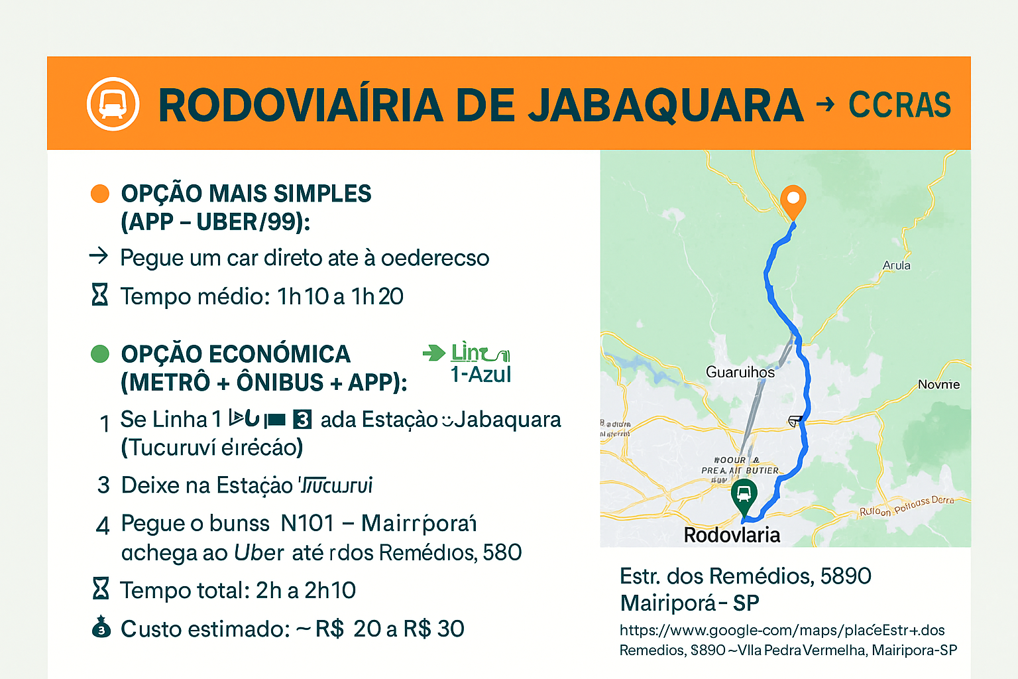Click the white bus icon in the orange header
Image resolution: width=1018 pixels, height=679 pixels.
(113, 104)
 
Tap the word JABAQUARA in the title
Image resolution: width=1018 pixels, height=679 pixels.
(665, 105)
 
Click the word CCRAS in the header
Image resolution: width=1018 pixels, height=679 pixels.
(899, 105)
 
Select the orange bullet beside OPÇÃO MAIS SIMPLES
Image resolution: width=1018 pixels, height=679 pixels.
(99, 194)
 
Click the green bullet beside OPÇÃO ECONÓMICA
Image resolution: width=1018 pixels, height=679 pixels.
(99, 353)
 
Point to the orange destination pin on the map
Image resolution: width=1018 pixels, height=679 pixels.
(793, 200)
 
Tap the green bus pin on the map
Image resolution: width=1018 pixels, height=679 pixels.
(744, 495)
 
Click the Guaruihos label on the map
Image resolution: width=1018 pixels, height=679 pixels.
(740, 372)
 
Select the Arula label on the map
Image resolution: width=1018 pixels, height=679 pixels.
(896, 265)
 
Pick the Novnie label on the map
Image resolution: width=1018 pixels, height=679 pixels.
(938, 385)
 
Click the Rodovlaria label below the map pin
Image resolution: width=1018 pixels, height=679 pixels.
(732, 535)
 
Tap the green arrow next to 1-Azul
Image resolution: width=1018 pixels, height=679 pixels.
(434, 353)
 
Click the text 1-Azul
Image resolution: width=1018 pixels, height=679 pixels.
(481, 375)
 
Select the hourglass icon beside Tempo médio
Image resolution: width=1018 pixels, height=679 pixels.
(99, 294)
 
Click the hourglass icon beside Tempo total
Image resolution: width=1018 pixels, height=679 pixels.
(100, 588)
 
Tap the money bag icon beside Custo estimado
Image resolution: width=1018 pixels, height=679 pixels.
(101, 627)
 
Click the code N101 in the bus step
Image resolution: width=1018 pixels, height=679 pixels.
(307, 523)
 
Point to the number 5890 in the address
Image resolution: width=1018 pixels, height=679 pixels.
(846, 576)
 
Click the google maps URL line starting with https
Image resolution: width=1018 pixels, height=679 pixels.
(782, 630)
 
